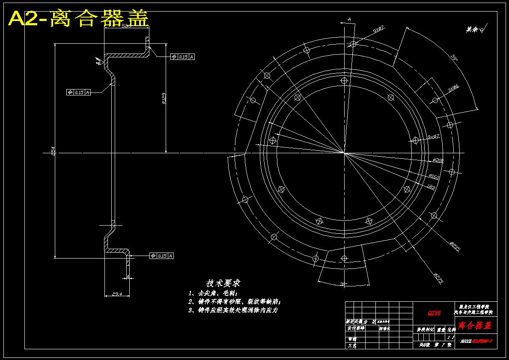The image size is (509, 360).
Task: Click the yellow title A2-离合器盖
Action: (x=79, y=19)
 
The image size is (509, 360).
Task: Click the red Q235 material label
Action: (x=435, y=313)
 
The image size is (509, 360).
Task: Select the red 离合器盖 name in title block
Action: (x=475, y=326)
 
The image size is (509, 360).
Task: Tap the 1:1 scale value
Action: (x=449, y=337)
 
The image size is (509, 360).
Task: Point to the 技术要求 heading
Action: (x=223, y=283)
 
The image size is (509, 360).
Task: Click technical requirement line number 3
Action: (x=234, y=310)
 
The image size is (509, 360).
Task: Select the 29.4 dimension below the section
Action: (x=117, y=294)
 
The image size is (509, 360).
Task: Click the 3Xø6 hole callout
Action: (x=453, y=88)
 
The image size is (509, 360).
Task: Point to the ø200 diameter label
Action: (x=438, y=161)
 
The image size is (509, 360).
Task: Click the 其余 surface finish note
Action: (x=475, y=30)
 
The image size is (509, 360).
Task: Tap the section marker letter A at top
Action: (x=349, y=19)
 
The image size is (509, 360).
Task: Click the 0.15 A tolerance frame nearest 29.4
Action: (x=162, y=256)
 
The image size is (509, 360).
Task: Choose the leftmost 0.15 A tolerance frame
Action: (x=79, y=92)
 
